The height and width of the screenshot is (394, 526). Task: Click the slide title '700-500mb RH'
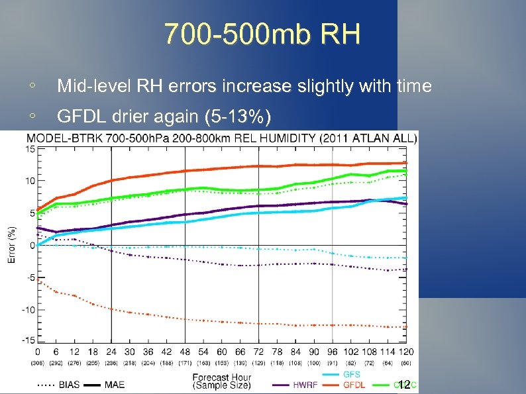(x=262, y=34)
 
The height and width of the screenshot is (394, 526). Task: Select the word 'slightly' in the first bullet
(x=328, y=86)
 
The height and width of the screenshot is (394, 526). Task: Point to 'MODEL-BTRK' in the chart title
(x=57, y=138)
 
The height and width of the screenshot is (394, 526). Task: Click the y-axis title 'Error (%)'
(x=11, y=245)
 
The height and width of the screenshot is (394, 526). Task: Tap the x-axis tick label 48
(x=185, y=352)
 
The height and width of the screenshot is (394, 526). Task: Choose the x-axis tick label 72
(x=258, y=352)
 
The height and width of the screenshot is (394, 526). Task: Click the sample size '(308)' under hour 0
(x=37, y=362)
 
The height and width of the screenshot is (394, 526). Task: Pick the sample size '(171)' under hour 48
(x=185, y=362)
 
